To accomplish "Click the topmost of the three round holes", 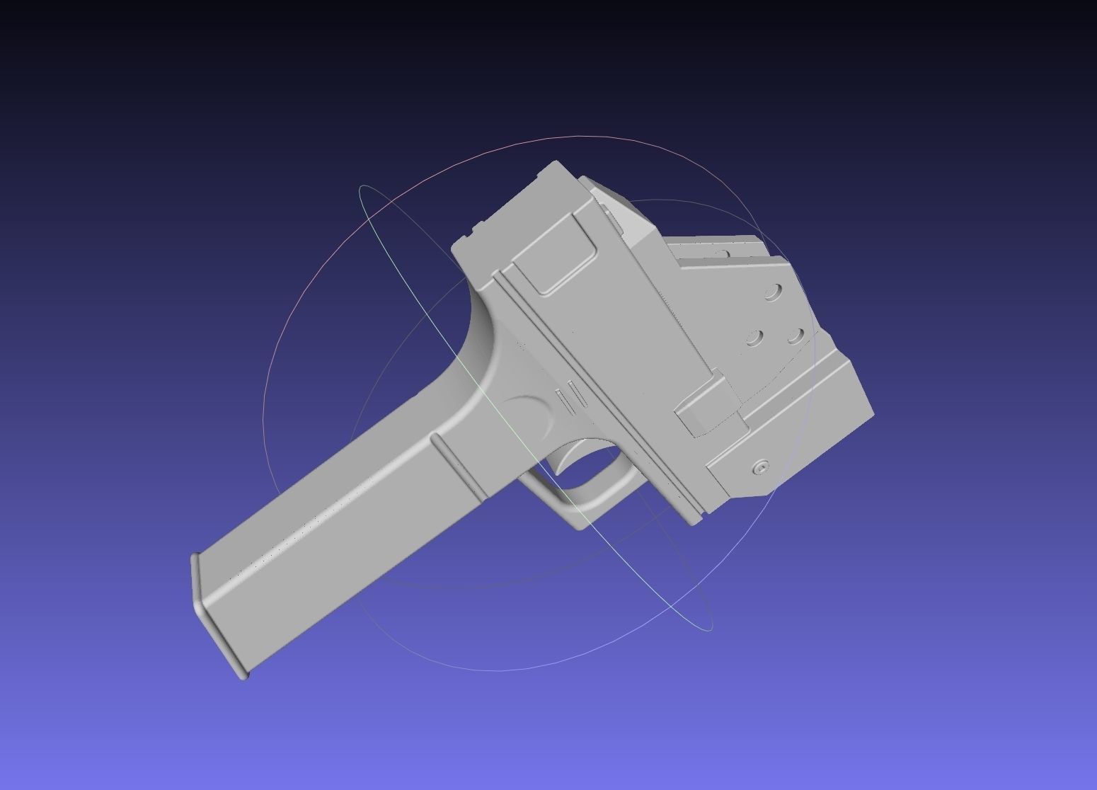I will coord(774,292).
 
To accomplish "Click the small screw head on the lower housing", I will coord(762,467).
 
